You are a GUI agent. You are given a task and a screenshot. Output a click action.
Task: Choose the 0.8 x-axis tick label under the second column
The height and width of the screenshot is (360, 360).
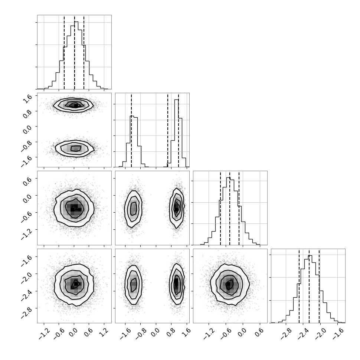171,333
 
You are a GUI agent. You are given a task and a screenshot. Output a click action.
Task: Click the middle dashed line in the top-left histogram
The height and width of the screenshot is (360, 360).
74,52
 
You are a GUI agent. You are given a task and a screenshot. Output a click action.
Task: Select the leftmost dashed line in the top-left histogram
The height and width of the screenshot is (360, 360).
64,52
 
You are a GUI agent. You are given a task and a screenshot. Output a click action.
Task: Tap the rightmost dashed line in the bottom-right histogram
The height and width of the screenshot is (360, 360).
319,286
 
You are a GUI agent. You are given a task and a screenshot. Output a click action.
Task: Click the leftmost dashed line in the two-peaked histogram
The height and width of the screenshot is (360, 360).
131,130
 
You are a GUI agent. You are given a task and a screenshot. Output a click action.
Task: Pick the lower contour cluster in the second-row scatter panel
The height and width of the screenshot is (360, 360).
75,148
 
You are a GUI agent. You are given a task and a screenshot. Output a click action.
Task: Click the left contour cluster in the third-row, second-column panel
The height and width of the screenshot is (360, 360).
133,209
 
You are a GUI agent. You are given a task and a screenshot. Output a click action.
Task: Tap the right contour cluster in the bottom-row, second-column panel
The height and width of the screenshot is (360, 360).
177,284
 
